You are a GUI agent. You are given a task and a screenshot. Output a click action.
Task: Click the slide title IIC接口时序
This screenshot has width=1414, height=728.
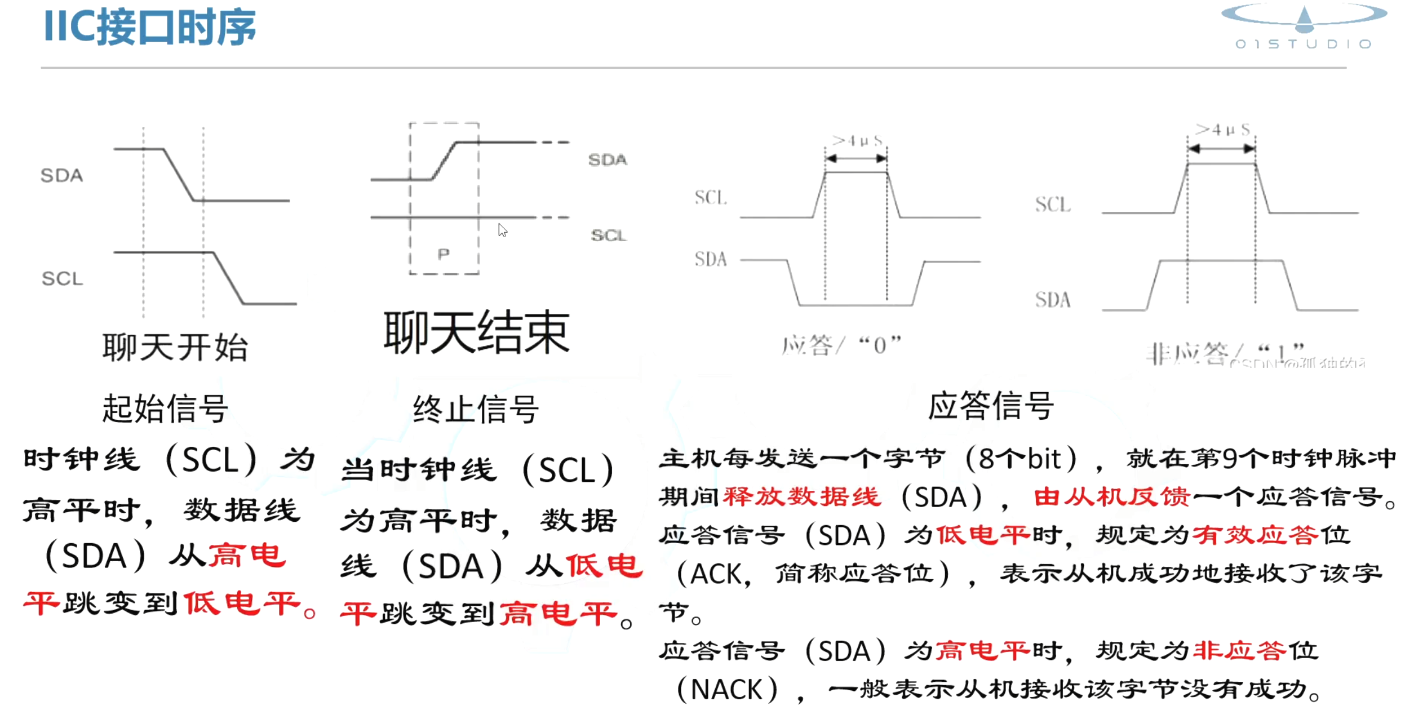(149, 27)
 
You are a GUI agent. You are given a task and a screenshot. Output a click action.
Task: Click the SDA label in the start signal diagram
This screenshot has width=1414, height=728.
(61, 176)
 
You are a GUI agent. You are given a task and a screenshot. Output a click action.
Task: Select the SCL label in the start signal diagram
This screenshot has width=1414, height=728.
(62, 278)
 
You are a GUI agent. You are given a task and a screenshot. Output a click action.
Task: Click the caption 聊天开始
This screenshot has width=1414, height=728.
(175, 347)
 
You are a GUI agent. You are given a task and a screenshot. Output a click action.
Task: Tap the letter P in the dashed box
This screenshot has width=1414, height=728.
(444, 254)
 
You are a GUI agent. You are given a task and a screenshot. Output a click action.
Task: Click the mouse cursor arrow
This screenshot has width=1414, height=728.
(502, 230)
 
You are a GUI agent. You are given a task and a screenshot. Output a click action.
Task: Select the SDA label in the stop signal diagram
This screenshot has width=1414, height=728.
(607, 160)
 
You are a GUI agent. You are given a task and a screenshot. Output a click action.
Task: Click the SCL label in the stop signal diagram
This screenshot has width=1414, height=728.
(608, 235)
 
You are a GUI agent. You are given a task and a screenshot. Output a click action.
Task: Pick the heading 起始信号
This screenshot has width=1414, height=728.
(165, 408)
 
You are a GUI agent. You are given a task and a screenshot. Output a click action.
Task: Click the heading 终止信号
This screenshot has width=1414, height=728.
(476, 409)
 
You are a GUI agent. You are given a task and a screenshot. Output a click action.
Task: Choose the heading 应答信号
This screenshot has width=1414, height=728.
(990, 406)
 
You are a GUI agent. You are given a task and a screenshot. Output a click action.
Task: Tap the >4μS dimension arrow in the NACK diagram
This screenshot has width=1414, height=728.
(1221, 149)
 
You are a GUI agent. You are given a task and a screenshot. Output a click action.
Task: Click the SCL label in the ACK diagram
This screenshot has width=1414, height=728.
(710, 198)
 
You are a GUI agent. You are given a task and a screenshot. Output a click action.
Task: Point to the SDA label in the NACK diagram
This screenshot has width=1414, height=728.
(1052, 300)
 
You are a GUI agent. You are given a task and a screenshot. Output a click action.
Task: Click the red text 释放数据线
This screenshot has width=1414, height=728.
(801, 497)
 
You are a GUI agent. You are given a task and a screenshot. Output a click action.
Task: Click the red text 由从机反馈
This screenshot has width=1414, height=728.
(1111, 497)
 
